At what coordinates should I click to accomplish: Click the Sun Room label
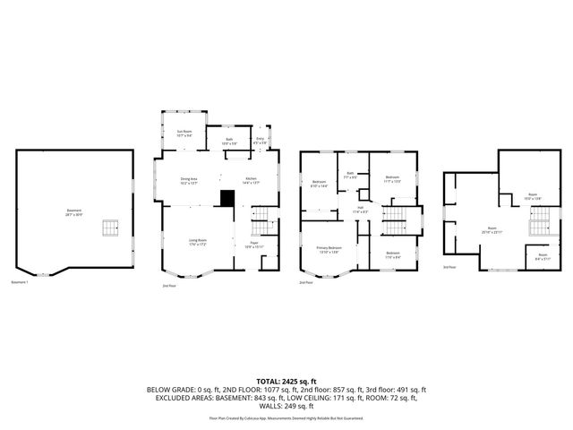[183, 134]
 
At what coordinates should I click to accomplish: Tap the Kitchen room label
[251, 181]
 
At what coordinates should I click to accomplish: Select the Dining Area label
[188, 181]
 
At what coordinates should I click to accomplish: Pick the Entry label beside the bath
[260, 141]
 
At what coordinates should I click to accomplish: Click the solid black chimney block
[228, 199]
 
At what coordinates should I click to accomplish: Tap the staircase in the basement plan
[109, 228]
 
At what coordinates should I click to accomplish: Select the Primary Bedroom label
[329, 249]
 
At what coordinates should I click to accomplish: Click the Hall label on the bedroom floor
[360, 210]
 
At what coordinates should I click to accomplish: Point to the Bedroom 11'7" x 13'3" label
[392, 179]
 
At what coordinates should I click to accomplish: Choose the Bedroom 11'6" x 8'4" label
[392, 254]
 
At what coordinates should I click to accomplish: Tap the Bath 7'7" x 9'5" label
[351, 176]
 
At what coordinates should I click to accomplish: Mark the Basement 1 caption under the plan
[20, 282]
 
